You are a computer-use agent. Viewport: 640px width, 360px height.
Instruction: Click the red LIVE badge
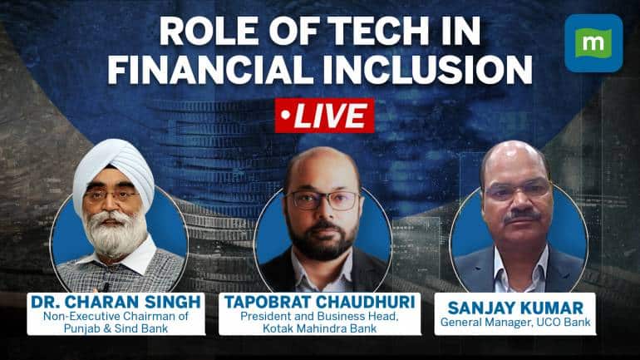(x=319, y=115)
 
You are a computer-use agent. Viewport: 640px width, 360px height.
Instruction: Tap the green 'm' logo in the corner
(x=593, y=43)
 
